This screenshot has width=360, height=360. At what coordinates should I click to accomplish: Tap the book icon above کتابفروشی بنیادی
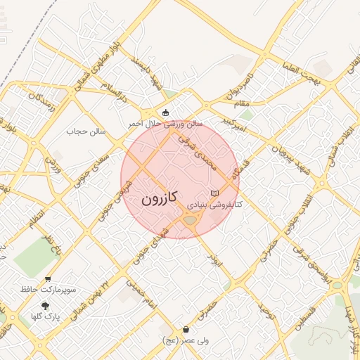(x=214, y=193)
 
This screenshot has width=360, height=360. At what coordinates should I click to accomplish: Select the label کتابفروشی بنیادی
(x=214, y=205)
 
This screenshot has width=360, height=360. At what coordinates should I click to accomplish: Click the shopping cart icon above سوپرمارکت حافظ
(x=47, y=279)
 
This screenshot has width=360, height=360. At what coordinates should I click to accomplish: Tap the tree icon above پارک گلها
(x=46, y=305)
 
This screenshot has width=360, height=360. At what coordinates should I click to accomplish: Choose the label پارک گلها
(x=46, y=316)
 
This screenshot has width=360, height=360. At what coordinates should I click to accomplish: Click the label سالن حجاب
(x=86, y=131)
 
